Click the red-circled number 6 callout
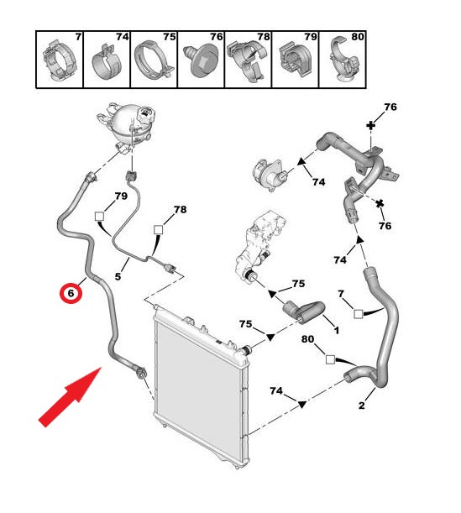click(71, 292)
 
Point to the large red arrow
click(70, 397)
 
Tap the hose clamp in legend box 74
click(107, 62)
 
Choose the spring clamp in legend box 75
click(153, 60)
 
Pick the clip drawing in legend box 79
click(295, 60)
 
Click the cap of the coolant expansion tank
click(146, 114)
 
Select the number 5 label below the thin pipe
click(118, 276)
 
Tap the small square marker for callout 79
click(99, 216)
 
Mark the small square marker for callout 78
click(159, 230)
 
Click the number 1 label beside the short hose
click(336, 331)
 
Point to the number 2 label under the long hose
click(361, 406)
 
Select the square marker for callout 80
click(331, 359)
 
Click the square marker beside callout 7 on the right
click(359, 314)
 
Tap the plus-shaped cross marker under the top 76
click(370, 125)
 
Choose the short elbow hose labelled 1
click(304, 311)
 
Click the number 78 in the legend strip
click(263, 37)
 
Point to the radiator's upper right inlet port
click(245, 350)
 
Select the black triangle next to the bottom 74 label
click(301, 405)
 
